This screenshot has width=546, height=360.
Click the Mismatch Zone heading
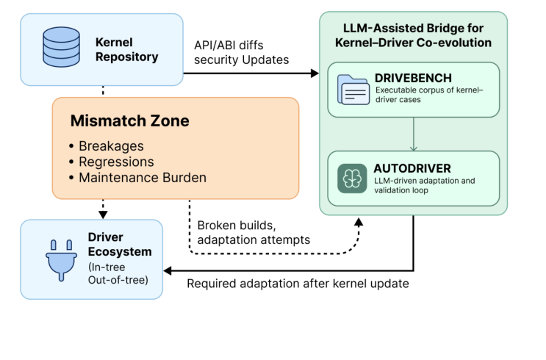131,120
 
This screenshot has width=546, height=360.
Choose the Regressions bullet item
115,162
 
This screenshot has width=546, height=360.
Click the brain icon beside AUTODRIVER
353,178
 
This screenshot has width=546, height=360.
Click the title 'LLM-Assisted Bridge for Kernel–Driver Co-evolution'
414,36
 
